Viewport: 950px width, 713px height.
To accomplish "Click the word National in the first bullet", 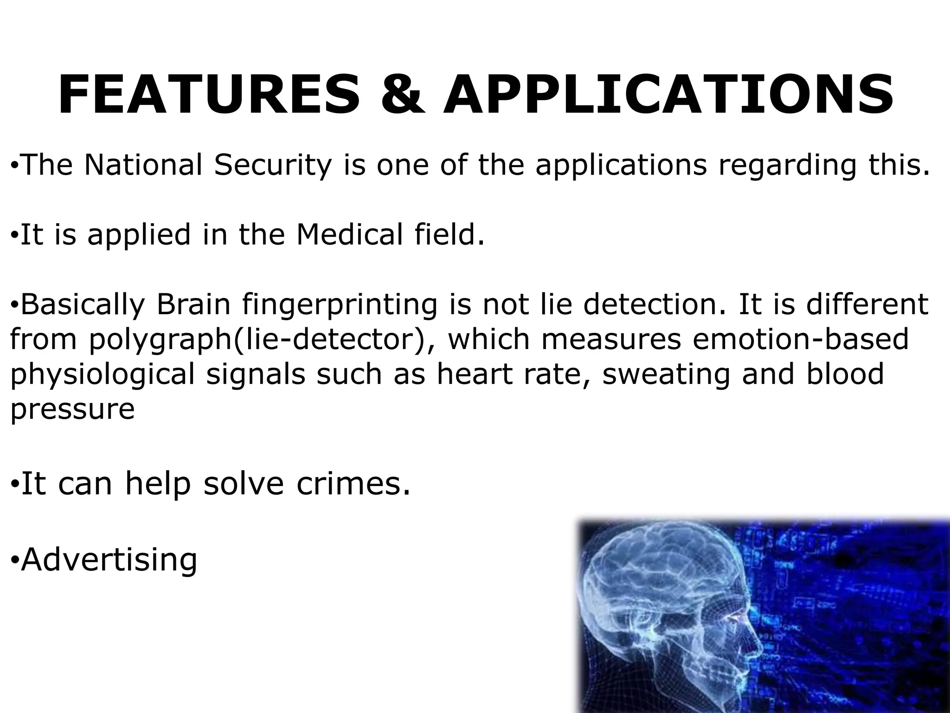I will click(143, 164).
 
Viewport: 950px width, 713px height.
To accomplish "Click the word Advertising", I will click(109, 560).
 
